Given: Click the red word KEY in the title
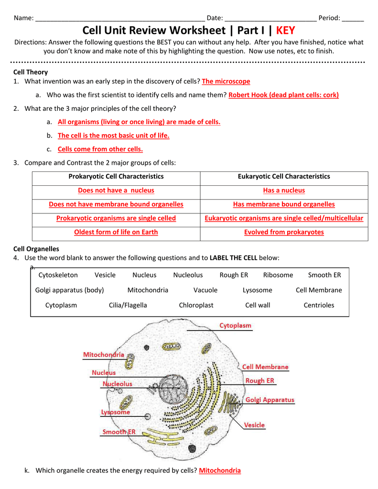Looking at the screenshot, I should [x=286, y=31].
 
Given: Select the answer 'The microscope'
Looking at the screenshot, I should [x=226, y=82].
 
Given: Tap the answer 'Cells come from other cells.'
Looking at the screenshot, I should [x=100, y=149].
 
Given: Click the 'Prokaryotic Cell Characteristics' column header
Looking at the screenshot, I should [x=116, y=177].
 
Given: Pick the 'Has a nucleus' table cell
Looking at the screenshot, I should [x=284, y=191].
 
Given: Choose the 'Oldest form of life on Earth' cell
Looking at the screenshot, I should [x=116, y=232].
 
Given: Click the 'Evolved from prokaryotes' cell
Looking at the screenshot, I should [x=284, y=232].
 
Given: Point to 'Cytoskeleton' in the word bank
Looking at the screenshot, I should [x=58, y=275].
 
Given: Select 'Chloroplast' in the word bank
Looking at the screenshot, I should [x=196, y=305].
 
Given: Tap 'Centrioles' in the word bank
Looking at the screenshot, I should [x=319, y=305].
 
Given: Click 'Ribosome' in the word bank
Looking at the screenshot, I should [x=278, y=275].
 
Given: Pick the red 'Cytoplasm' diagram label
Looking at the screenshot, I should [x=235, y=326].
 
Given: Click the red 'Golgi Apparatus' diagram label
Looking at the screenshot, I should [x=270, y=400].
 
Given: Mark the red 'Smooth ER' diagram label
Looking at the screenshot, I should [x=119, y=432].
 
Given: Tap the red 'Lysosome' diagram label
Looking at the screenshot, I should [x=115, y=412].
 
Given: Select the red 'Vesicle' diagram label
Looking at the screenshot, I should [x=254, y=425].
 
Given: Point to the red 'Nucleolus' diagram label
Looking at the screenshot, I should [x=118, y=384].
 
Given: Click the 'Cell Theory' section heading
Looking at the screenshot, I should [x=31, y=72].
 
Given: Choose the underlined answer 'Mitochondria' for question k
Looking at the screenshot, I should [x=220, y=471].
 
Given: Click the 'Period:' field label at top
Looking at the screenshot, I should [x=329, y=18].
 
